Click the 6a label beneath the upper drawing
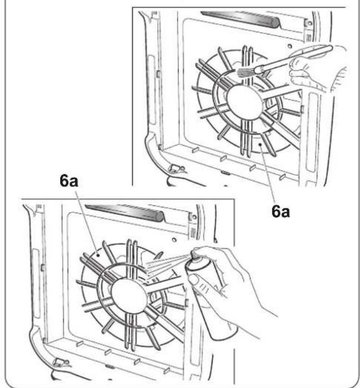pos(281,212)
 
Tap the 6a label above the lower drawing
pos(69,181)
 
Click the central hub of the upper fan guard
pos(244,103)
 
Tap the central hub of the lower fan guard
pos(129,296)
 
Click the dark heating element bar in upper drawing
pos(241,18)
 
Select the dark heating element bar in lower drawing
pos(125,212)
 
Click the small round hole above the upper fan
pos(290,46)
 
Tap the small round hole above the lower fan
pos(174,240)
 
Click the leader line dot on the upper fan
pos(260,145)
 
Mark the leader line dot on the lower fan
pos(98,255)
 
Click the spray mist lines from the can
pos(168,266)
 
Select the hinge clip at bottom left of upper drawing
pos(176,168)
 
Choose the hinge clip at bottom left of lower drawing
pos(61,362)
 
